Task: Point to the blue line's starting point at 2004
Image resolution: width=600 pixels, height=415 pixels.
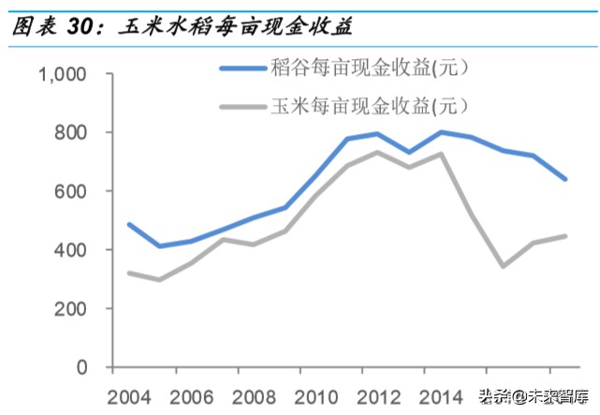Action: coord(129,224)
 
